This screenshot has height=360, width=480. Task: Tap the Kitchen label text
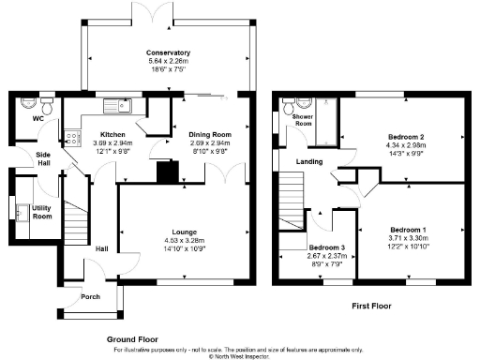point(112,135)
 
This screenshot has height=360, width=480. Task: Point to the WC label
point(38,119)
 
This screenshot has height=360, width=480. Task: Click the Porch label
point(90,298)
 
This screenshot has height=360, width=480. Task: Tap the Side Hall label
point(43,158)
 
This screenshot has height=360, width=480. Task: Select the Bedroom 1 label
point(409,230)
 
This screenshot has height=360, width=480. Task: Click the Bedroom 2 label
point(407,135)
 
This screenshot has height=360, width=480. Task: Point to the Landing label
point(309,159)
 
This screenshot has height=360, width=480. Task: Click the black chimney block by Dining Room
point(169,172)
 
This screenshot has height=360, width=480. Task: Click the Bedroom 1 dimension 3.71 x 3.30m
point(409,238)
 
